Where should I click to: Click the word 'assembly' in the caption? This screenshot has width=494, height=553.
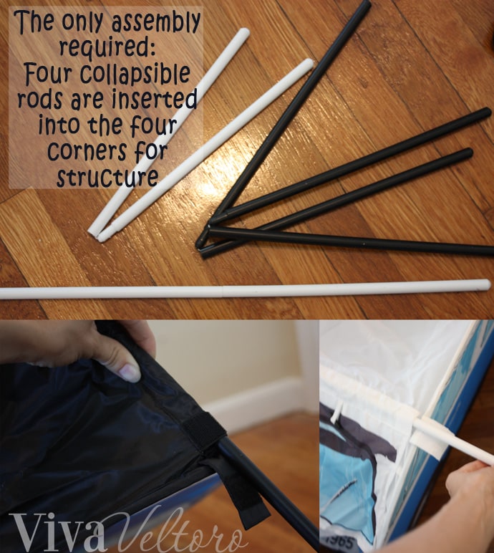156,22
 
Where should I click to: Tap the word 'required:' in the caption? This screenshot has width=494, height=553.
107,47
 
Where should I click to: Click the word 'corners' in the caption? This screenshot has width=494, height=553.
87,150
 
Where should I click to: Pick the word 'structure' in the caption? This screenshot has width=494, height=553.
107,177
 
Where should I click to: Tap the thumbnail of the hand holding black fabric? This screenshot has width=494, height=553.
160,437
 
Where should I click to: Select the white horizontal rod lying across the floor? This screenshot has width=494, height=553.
245,292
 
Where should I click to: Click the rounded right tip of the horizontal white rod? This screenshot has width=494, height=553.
487,285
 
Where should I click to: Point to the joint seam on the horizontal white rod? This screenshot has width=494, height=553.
223,292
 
